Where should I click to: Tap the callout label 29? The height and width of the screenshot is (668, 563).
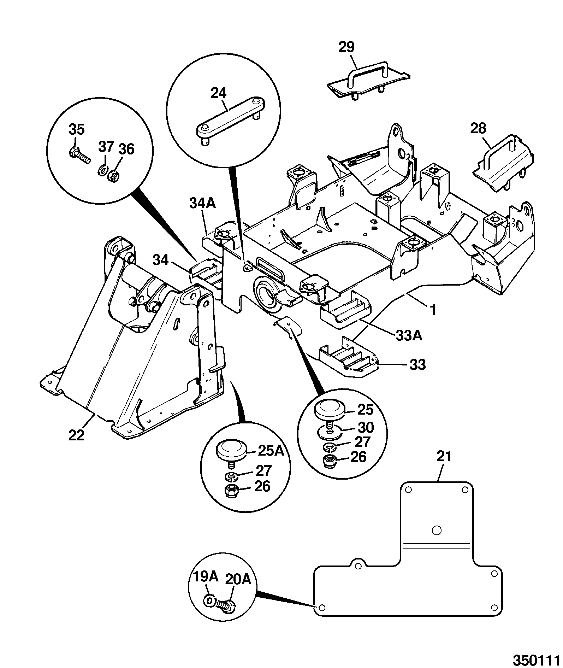point(346,47)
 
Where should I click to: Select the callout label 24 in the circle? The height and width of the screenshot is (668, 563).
point(219,93)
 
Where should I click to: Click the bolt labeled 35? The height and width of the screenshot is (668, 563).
point(78,155)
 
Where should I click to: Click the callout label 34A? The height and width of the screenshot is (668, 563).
point(203,204)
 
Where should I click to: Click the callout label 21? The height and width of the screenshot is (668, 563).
point(444,457)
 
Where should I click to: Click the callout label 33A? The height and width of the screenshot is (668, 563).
point(409,336)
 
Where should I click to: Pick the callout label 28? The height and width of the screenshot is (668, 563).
point(478,129)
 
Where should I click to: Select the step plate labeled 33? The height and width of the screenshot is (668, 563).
point(348,358)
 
